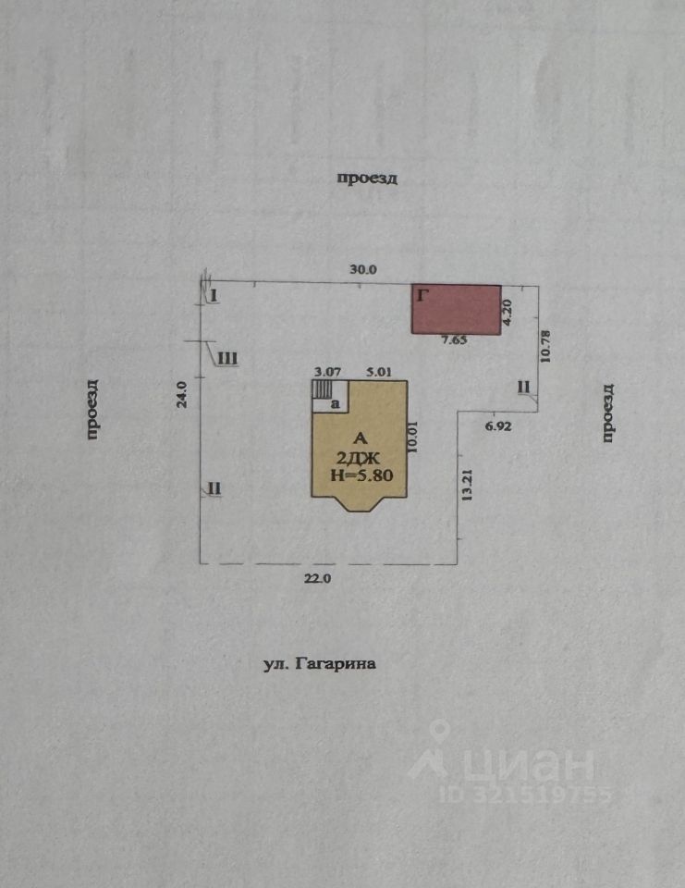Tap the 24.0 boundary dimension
click(183, 395)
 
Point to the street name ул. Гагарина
click(320, 663)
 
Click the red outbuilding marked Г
click(456, 310)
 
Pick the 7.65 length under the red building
click(453, 340)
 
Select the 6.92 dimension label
click(497, 426)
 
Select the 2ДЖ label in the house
click(357, 457)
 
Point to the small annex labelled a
click(335, 403)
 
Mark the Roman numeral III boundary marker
click(228, 358)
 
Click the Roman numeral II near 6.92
click(523, 387)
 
